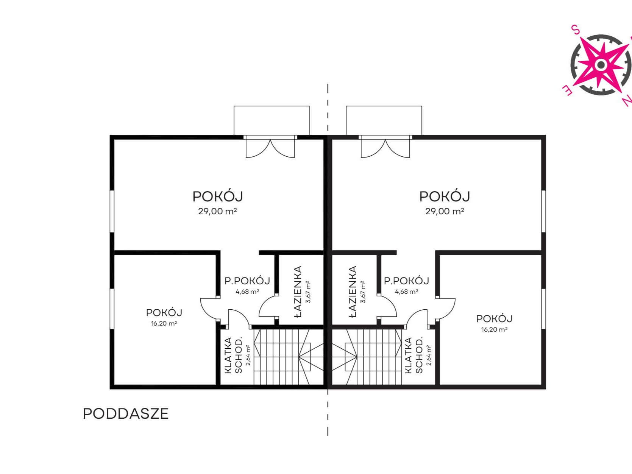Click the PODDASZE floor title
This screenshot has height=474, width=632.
[x=126, y=414]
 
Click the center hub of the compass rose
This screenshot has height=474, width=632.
[x=601, y=65]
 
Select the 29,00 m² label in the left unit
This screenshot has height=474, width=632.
[x=217, y=212]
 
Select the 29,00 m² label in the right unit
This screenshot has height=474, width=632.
[x=445, y=212]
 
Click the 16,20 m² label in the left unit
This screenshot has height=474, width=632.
[x=164, y=323]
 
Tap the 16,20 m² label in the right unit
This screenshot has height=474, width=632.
[x=494, y=329]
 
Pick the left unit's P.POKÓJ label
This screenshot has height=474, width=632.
[x=247, y=281]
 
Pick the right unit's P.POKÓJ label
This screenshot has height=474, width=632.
[x=407, y=281]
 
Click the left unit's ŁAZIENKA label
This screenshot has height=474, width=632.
[x=298, y=292]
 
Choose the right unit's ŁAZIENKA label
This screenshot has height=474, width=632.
[x=353, y=292]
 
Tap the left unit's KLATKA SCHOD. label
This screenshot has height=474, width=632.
[x=233, y=355]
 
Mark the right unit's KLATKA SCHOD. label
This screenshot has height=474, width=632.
[x=414, y=355]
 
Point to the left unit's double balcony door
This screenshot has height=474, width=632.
[x=270, y=147]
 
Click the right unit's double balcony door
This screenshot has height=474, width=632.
[x=385, y=147]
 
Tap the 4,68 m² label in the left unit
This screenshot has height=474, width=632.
[x=247, y=292]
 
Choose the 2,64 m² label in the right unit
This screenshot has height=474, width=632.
[x=429, y=355]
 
